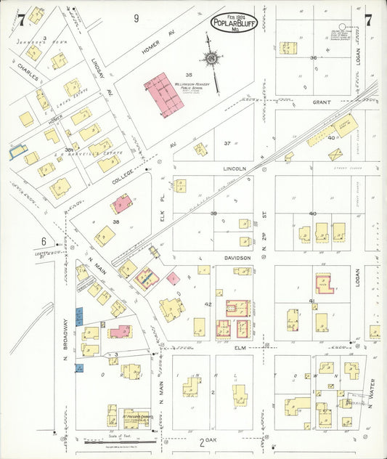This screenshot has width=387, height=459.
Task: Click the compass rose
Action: (211, 57)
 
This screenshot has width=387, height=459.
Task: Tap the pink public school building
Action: (163, 94)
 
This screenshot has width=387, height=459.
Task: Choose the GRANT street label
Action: (322, 102)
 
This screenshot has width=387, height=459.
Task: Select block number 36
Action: (314, 57)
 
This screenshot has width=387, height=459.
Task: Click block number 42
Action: (208, 304)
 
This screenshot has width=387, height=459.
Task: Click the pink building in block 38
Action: (121, 202)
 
